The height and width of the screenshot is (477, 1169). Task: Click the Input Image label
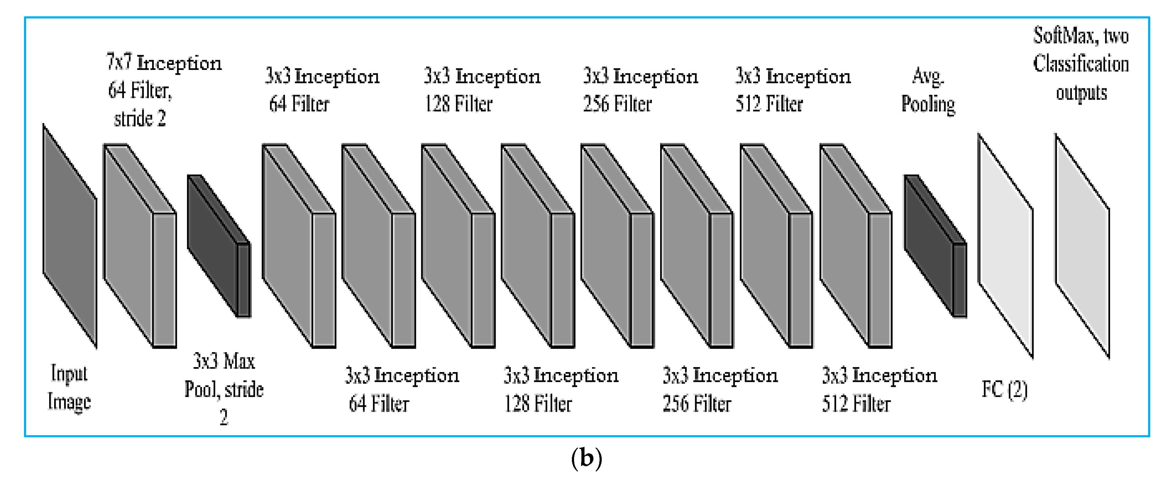point(69,387)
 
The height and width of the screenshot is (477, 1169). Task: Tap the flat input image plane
point(69,236)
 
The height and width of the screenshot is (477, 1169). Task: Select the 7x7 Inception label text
point(164,63)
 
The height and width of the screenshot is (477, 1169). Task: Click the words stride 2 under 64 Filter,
point(140,119)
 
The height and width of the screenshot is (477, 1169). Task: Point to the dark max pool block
point(218,245)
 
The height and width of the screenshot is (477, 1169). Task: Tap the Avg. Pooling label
point(928,91)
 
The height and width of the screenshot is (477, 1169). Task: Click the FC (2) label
point(1004,389)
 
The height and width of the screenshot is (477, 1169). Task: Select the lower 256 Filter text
point(697,404)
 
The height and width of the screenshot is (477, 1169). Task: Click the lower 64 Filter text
point(379,404)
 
